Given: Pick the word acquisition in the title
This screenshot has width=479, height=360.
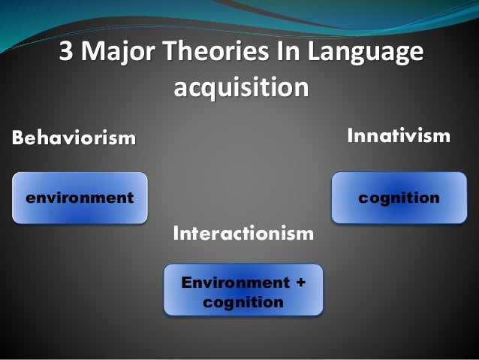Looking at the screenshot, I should [x=241, y=89].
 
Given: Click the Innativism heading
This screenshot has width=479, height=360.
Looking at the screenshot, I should [x=398, y=136].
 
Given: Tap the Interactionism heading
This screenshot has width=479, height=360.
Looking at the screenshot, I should [x=243, y=234].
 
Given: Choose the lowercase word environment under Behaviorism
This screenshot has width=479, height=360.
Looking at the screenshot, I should [x=80, y=198].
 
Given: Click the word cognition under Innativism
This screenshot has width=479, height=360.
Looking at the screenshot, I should [x=399, y=198].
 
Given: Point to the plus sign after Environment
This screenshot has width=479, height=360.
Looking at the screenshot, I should [x=301, y=283].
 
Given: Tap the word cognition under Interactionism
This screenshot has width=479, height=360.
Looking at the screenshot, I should [x=243, y=302].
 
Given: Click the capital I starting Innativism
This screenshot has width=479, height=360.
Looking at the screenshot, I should [x=349, y=136].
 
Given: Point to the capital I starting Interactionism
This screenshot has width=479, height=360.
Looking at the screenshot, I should [x=176, y=234].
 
